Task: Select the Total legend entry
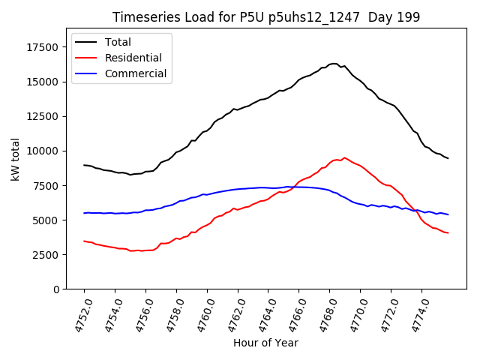click(x=118, y=42)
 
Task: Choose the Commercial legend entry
click(x=136, y=73)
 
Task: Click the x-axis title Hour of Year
click(x=265, y=343)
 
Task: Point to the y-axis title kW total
click(x=15, y=159)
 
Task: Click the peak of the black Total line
click(x=334, y=64)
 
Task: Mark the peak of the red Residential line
click(x=344, y=157)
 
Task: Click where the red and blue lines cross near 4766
click(x=295, y=187)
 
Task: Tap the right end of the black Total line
click(x=448, y=158)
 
